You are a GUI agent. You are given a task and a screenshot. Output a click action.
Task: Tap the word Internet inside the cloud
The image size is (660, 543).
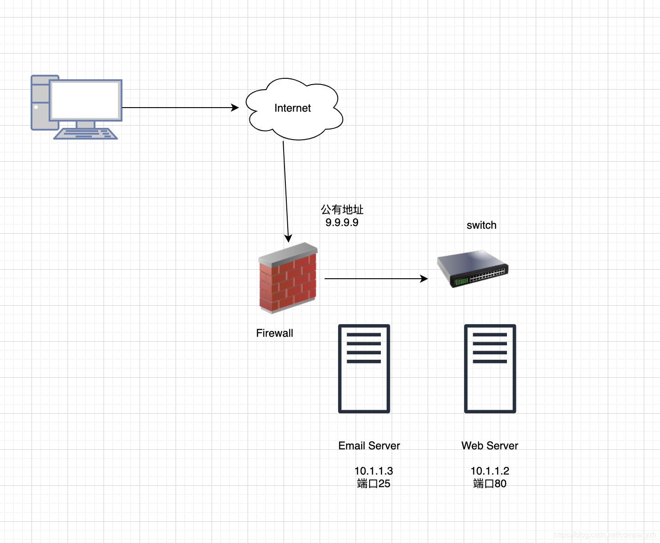click(293, 108)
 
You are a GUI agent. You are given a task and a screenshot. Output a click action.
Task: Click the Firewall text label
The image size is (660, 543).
click(275, 333)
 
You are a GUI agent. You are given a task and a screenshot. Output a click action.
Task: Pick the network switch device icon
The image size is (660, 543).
click(473, 269)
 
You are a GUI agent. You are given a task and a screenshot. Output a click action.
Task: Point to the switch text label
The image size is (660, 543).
click(481, 225)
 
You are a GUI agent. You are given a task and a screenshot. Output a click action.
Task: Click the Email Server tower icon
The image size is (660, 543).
click(364, 369)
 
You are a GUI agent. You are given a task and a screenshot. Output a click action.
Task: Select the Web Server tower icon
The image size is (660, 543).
click(490, 369)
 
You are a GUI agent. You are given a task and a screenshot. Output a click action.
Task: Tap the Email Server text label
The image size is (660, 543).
click(369, 446)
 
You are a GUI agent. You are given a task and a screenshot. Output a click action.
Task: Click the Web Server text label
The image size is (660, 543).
click(490, 446)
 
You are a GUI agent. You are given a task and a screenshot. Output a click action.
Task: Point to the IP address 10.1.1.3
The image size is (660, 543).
click(374, 471)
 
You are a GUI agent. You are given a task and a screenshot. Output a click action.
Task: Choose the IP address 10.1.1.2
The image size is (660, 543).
click(490, 471)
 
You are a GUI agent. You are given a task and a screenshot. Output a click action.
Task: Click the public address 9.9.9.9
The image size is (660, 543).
click(342, 222)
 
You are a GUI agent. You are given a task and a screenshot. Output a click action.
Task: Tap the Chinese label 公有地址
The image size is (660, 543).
click(342, 209)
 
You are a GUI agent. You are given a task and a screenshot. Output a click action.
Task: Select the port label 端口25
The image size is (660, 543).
click(374, 484)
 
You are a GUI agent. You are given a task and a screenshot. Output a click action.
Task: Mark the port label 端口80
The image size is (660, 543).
click(490, 484)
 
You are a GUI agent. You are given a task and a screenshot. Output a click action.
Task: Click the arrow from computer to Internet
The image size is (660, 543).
click(180, 108)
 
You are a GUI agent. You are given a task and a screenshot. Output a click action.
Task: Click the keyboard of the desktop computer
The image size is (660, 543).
click(86, 134)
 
